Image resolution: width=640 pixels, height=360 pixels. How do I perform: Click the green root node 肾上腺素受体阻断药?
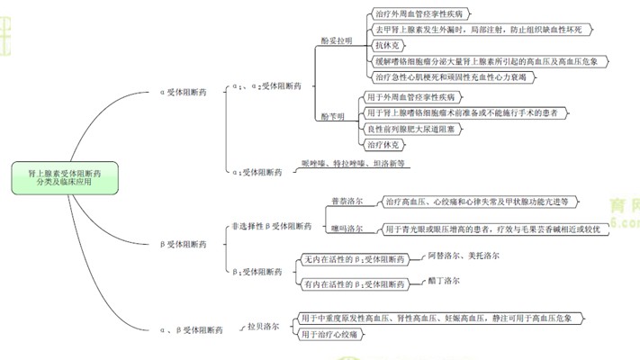64,176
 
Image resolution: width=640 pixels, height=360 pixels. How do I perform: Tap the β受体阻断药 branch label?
183,243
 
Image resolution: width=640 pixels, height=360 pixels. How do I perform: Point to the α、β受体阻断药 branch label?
190,330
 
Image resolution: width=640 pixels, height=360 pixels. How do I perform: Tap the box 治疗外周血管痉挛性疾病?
420,14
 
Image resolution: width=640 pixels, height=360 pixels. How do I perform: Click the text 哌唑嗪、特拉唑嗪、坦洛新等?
353,163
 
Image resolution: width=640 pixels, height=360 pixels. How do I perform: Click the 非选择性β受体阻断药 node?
271,227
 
